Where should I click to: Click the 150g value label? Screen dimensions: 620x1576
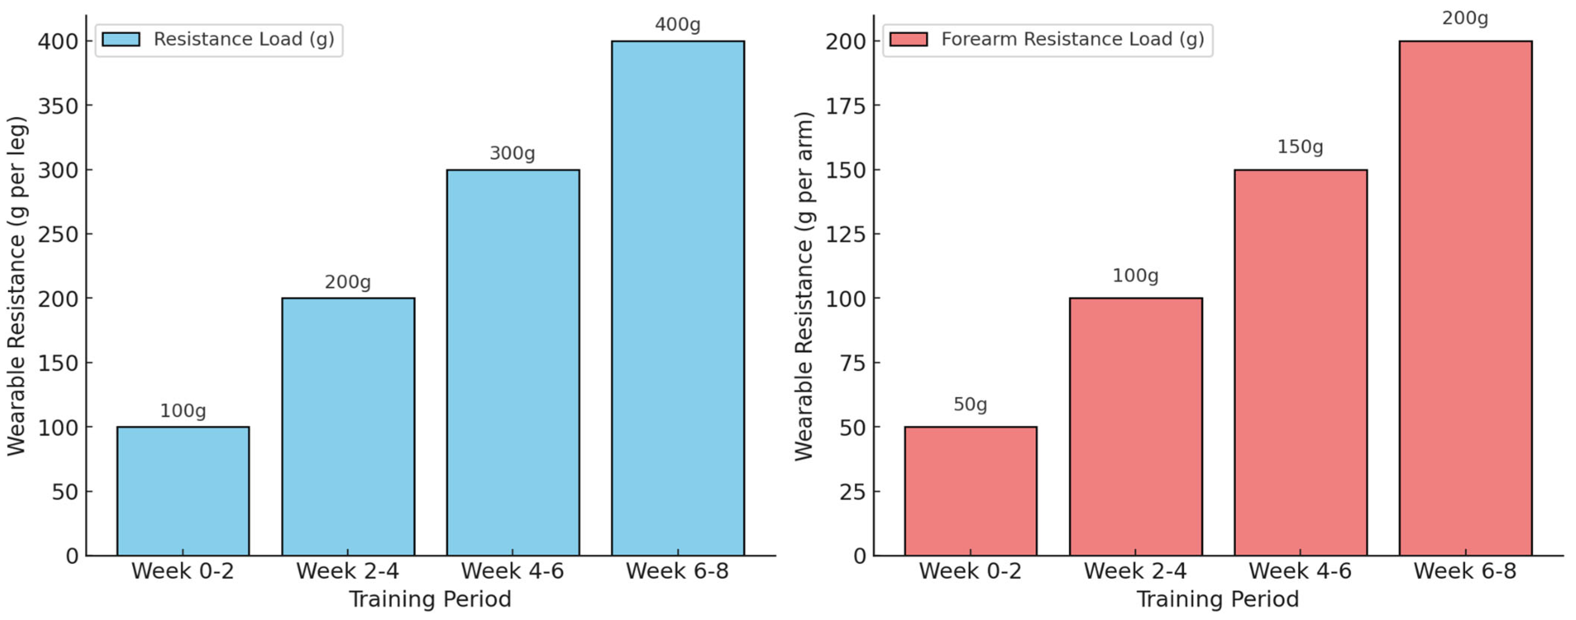pyautogui.click(x=1300, y=147)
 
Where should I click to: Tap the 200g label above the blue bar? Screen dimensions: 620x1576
pyautogui.click(x=348, y=282)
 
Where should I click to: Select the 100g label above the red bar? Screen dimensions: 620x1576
pyautogui.click(x=1135, y=276)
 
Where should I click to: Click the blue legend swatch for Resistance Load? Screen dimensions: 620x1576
pyautogui.click(x=121, y=39)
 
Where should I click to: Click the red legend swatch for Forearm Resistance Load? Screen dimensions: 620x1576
pyautogui.click(x=909, y=39)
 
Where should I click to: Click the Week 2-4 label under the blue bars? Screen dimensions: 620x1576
pyautogui.click(x=348, y=571)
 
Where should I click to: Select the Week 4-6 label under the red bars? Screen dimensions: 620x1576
pyautogui.click(x=1300, y=571)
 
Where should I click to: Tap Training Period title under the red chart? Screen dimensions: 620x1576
pyautogui.click(x=1218, y=599)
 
